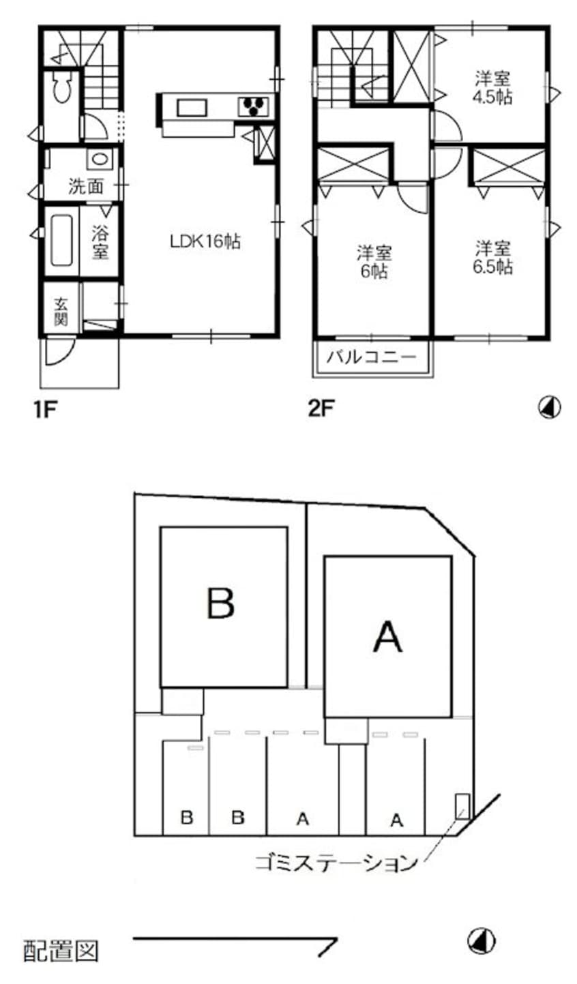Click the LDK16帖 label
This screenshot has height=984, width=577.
(205, 241)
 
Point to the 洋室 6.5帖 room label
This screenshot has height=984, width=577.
(494, 257)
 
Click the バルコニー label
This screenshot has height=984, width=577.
(372, 357)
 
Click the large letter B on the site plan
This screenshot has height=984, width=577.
(220, 602)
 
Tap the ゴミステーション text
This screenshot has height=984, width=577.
(336, 862)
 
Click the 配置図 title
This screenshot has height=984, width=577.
(61, 949)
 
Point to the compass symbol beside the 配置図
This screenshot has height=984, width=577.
(481, 941)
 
